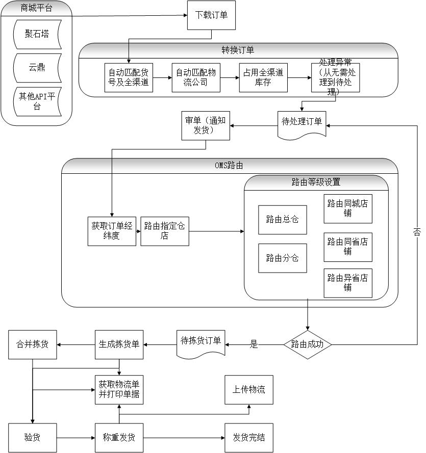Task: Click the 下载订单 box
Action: [x=211, y=15]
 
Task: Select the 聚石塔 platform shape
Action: [x=38, y=35]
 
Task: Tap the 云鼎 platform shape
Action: [x=38, y=68]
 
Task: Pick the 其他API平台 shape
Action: [x=38, y=101]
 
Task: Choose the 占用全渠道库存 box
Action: [x=263, y=77]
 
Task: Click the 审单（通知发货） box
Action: [x=206, y=125]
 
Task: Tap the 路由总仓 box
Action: [x=282, y=220]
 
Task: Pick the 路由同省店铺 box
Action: [x=347, y=247]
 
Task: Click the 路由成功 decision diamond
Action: [x=307, y=344]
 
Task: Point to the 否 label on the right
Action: [x=417, y=232]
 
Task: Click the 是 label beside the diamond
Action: [x=254, y=344]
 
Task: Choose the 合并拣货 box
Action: [x=33, y=344]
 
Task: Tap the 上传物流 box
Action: [x=249, y=390]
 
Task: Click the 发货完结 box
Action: [x=249, y=438]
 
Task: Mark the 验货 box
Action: [x=33, y=438]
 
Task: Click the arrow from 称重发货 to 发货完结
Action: [x=184, y=438]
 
